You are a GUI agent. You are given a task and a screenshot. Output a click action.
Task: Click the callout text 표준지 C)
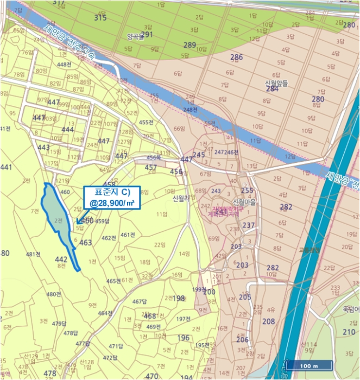[112, 192]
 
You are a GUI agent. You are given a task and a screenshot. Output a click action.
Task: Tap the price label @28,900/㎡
[112, 203]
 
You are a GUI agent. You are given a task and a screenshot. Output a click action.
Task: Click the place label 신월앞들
[276, 83]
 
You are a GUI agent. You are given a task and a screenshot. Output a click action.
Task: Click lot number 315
[100, 18]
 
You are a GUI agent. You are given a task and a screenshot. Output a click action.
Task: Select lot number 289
[190, 45]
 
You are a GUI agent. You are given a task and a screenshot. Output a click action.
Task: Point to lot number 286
[236, 57]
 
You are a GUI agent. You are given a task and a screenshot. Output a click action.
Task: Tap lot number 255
[247, 191]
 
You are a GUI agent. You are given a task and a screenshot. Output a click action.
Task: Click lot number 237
[249, 225]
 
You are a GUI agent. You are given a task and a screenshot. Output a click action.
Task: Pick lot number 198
[179, 298]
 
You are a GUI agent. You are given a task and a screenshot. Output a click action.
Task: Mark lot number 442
[61, 259]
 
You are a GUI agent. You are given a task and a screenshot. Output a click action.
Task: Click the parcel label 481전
[34, 254]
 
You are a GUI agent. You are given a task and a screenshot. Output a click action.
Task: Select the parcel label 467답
[140, 301]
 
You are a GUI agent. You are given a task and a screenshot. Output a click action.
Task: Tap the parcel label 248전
[191, 110]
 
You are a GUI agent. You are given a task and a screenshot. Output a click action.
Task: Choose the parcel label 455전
[146, 123]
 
